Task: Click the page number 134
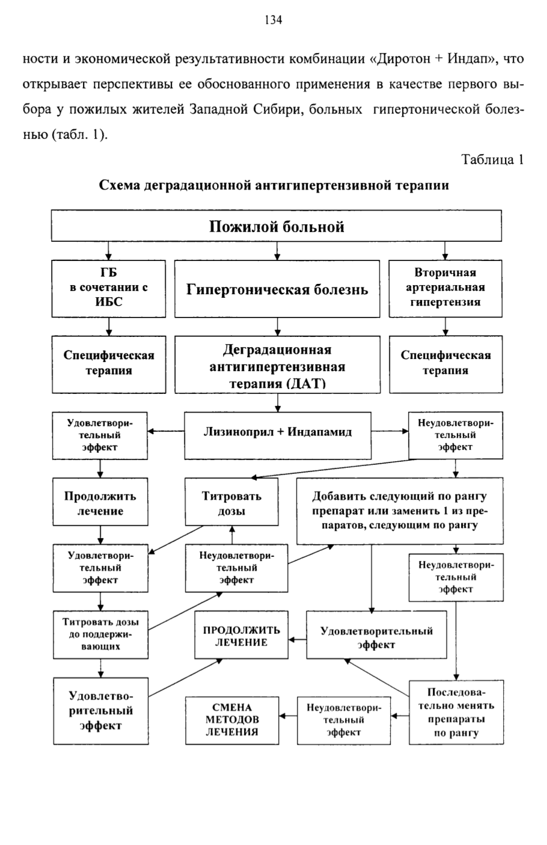(x=273, y=20)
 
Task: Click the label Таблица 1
(x=493, y=159)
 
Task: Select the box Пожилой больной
(x=277, y=226)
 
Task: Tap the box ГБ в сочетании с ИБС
(x=109, y=289)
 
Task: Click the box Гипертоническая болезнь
(x=277, y=289)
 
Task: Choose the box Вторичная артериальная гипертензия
(x=445, y=289)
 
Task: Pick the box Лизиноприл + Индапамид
(x=278, y=435)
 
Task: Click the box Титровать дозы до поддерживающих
(x=100, y=635)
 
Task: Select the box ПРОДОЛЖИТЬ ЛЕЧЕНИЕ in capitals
(x=241, y=635)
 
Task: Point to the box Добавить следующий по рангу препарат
(x=400, y=511)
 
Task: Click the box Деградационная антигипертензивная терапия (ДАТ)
(x=278, y=364)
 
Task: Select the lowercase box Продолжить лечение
(x=100, y=502)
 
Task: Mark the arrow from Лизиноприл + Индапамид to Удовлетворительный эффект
(x=166, y=431)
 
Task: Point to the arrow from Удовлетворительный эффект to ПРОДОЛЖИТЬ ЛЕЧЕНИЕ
(x=298, y=639)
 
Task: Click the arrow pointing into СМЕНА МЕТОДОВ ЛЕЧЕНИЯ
(x=289, y=716)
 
